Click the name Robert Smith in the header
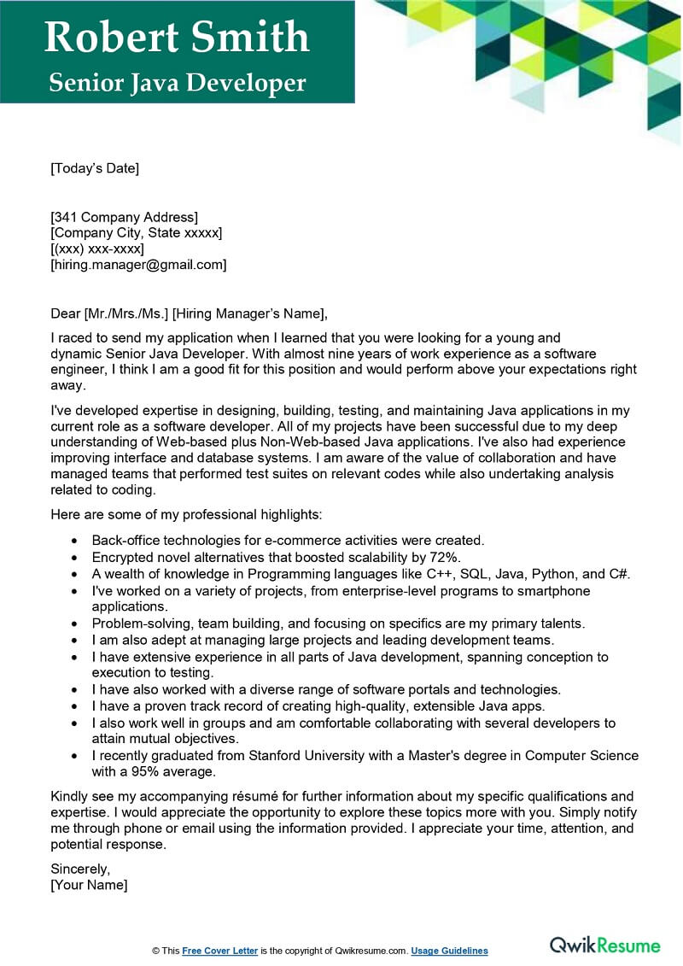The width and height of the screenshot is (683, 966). tap(177, 37)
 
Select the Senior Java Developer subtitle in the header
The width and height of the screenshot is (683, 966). tap(177, 83)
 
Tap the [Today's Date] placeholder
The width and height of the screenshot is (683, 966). tap(95, 168)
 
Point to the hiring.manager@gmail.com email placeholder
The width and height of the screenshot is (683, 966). tap(139, 265)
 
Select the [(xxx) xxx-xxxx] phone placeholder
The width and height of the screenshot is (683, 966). tap(97, 249)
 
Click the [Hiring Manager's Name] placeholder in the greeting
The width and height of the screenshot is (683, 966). tap(248, 313)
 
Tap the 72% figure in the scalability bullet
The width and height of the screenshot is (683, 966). tap(444, 557)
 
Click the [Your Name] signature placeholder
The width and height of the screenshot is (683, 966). tap(89, 885)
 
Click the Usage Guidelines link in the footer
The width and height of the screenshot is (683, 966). tap(449, 951)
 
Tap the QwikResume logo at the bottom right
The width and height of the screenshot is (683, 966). tap(604, 945)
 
